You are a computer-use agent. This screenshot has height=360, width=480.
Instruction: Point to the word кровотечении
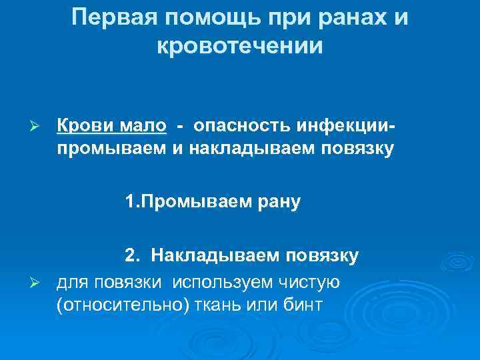point(239,47)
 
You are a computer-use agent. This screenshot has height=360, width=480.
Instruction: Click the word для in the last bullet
point(71,283)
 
